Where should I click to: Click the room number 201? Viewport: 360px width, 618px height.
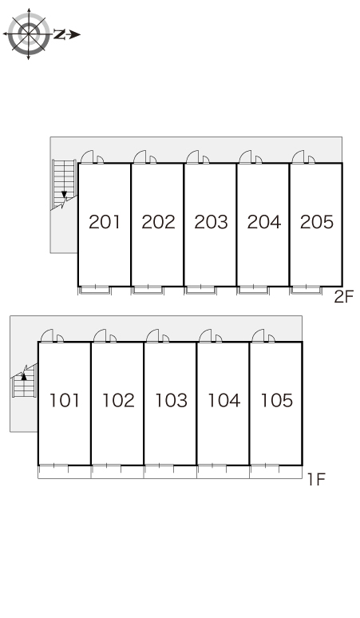(105, 222)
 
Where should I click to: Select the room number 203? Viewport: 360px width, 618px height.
(211, 222)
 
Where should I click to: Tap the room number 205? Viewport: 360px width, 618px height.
(316, 222)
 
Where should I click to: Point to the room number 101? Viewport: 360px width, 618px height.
(64, 401)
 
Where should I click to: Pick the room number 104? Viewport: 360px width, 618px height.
(224, 401)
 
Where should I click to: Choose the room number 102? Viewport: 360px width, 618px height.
(118, 401)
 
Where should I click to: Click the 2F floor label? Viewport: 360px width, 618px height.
(344, 296)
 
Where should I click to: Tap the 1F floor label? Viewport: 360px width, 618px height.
(316, 479)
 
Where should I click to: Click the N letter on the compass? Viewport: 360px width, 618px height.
(60, 34)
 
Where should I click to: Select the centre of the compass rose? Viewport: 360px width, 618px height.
(29, 34)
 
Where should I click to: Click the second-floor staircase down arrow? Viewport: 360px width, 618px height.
(64, 195)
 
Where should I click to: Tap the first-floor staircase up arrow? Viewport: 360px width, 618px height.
(24, 376)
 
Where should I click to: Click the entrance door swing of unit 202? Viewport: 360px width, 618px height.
(140, 156)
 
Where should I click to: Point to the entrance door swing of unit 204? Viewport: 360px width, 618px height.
(245, 156)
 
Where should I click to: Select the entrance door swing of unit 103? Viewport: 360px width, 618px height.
(152, 335)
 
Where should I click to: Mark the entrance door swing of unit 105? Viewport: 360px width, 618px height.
(258, 335)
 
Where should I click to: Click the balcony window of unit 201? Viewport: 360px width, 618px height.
(95, 290)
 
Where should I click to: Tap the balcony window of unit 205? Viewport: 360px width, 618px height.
(306, 290)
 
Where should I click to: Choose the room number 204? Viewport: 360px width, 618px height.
(264, 222)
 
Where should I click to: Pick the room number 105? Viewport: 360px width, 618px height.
(277, 401)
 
